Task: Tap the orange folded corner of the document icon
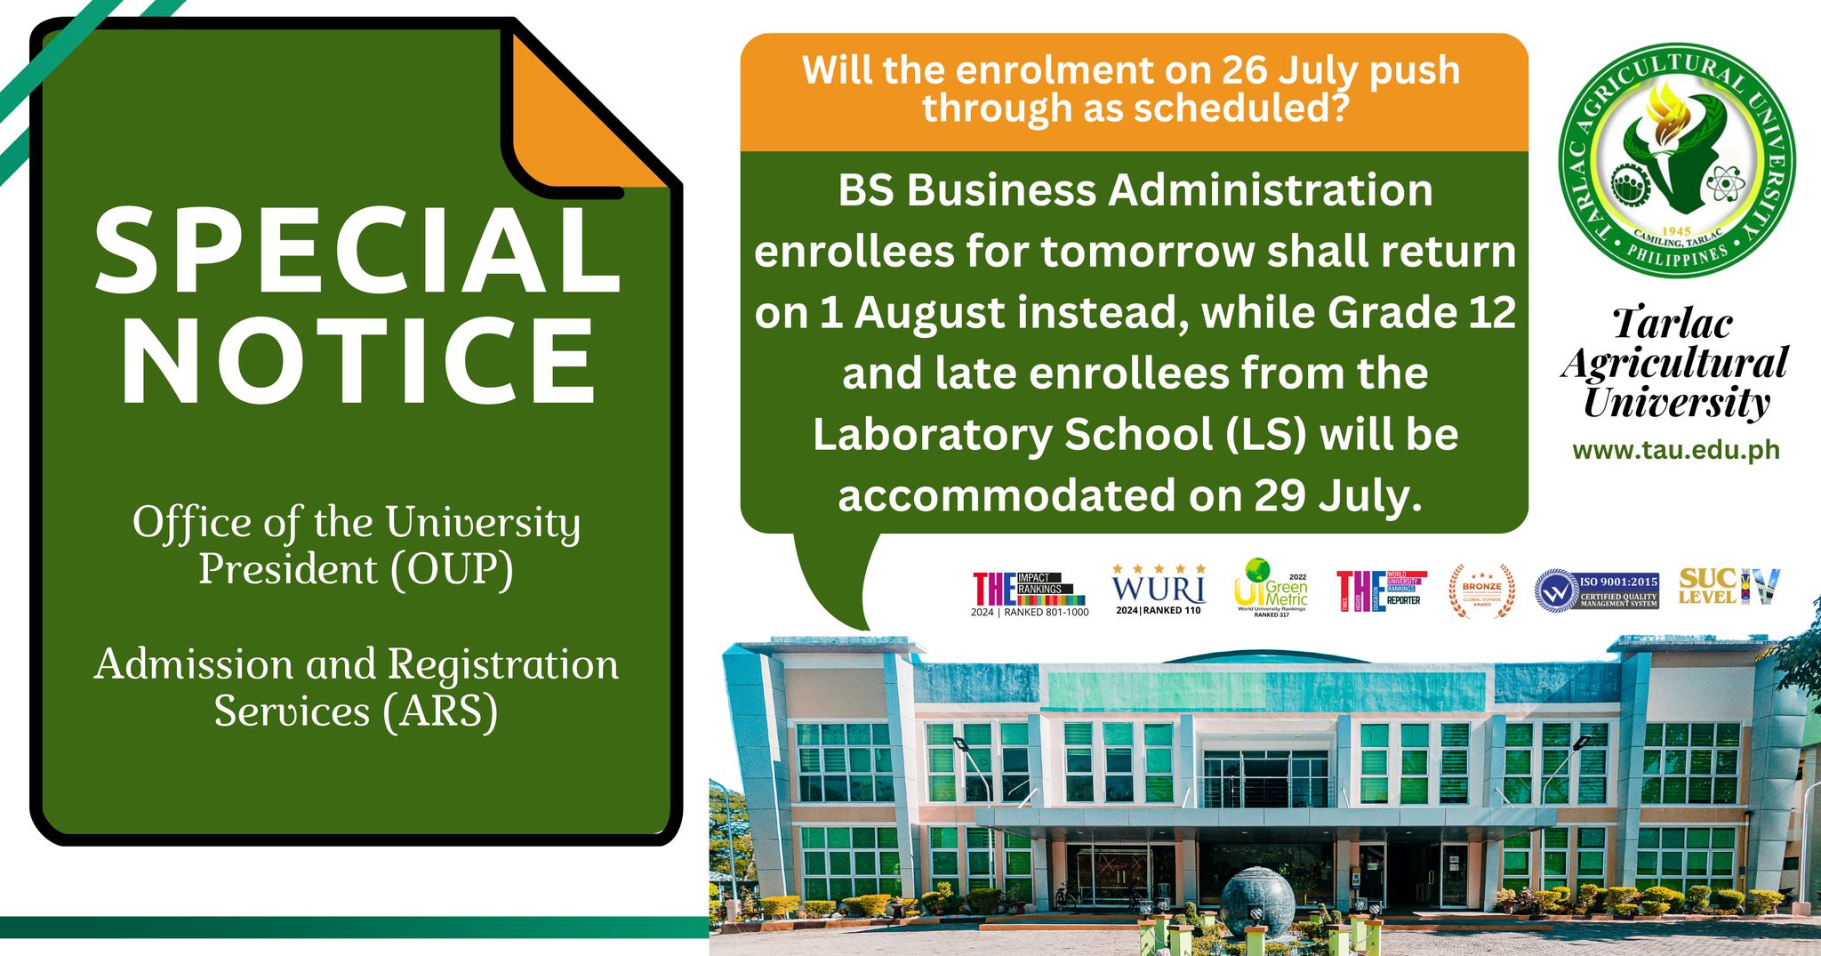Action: point(587,116)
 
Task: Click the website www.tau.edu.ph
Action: point(1676,450)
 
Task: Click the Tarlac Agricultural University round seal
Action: point(1676,160)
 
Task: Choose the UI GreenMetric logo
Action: point(1271,589)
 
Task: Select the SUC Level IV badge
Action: point(1729,587)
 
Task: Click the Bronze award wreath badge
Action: point(1481,590)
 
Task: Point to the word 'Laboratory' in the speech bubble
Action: point(933,435)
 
